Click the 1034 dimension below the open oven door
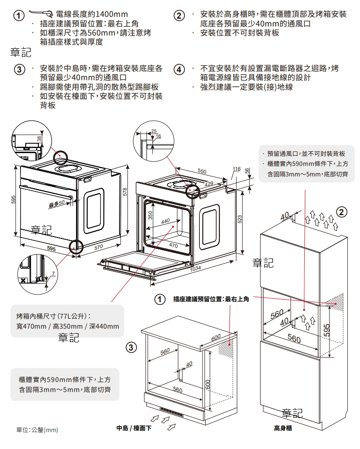(x=195, y=268)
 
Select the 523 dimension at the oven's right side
(x=240, y=219)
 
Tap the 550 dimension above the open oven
(x=202, y=171)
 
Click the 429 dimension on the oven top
(x=209, y=183)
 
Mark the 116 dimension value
(x=236, y=170)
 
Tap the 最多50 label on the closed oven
(x=57, y=203)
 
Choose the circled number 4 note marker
(x=180, y=69)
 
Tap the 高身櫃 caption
(x=283, y=428)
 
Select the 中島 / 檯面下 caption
(x=134, y=428)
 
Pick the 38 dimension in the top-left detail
(x=40, y=138)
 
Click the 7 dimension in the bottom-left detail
(x=53, y=273)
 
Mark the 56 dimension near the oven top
(x=247, y=170)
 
